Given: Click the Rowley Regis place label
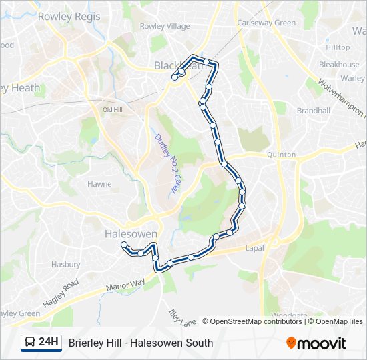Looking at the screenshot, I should pos(69,16).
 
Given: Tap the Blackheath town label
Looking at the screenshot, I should pos(180,65).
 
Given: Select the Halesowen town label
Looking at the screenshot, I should pos(131,234).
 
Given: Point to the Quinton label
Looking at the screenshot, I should pos(281,155).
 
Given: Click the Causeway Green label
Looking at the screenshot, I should pos(266,23).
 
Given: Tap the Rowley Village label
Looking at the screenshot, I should pos(165,27).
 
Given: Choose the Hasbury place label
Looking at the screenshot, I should pos(66,265).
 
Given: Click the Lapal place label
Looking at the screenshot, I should pos(254,248).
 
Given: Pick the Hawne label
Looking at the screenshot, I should pos(99,184).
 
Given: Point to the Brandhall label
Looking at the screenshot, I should pos(314,110).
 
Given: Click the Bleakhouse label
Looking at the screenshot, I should pos(339,65).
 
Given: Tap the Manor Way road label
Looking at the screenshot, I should pos(125,285).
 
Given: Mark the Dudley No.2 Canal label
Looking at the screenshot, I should pos(167,163).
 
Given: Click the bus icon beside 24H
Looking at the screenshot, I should pos(30,343).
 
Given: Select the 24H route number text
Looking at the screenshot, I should pos(49,343).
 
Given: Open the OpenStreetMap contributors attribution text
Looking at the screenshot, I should pos(256,321).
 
